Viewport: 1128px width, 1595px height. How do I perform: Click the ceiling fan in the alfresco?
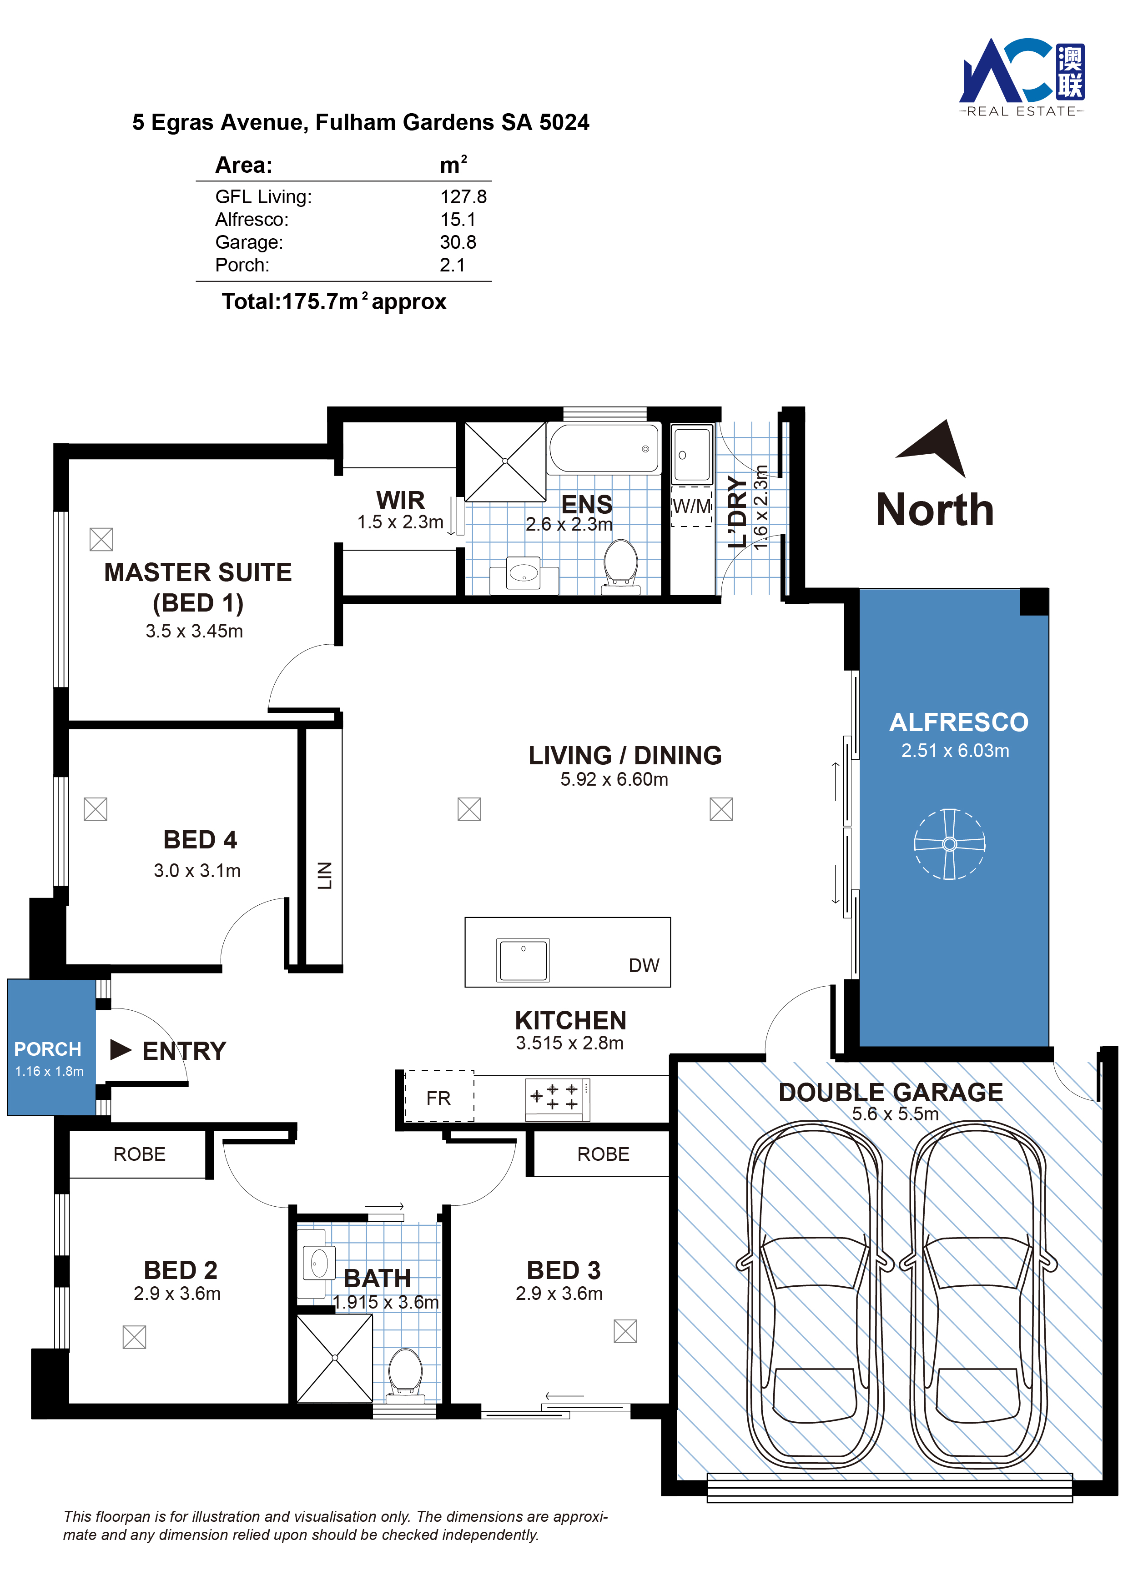click(x=949, y=843)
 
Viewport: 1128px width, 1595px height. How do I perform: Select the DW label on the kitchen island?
click(x=644, y=965)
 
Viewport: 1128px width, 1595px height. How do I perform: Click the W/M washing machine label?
click(x=691, y=506)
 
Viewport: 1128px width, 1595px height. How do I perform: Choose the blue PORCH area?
click(x=51, y=1047)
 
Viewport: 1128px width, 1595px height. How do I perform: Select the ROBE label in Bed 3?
click(x=603, y=1154)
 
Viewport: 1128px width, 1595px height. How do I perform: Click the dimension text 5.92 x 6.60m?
click(x=614, y=779)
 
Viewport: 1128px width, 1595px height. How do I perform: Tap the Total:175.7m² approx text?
click(x=333, y=301)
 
